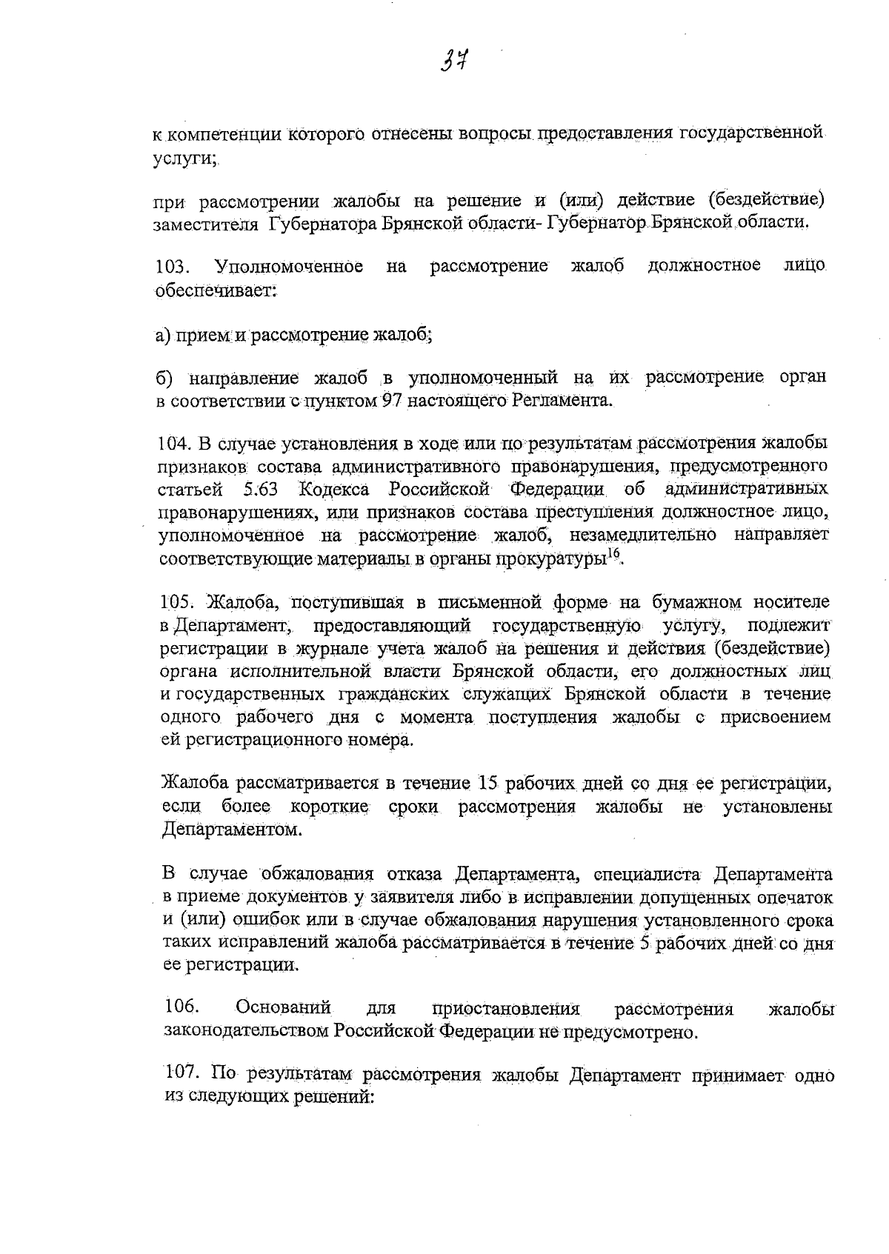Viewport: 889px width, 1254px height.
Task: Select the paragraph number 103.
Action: (x=170, y=267)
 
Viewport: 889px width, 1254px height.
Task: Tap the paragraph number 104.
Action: (x=174, y=444)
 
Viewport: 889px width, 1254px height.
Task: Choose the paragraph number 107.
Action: (x=180, y=1075)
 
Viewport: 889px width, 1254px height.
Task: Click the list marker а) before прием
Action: (x=163, y=336)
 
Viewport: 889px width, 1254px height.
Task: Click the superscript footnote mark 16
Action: (x=613, y=555)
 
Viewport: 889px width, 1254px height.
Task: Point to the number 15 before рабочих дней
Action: (x=491, y=783)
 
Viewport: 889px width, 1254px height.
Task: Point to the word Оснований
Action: (x=283, y=1007)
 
